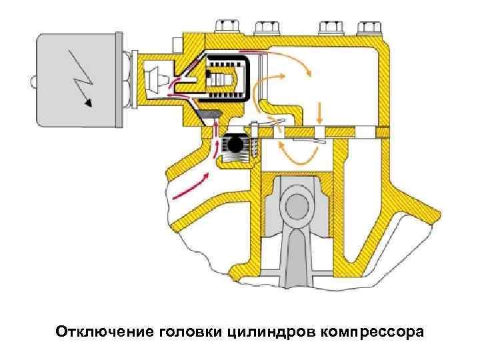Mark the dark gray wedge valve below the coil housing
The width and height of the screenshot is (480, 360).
[209, 117]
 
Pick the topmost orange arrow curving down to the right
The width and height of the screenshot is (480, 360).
[293, 61]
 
